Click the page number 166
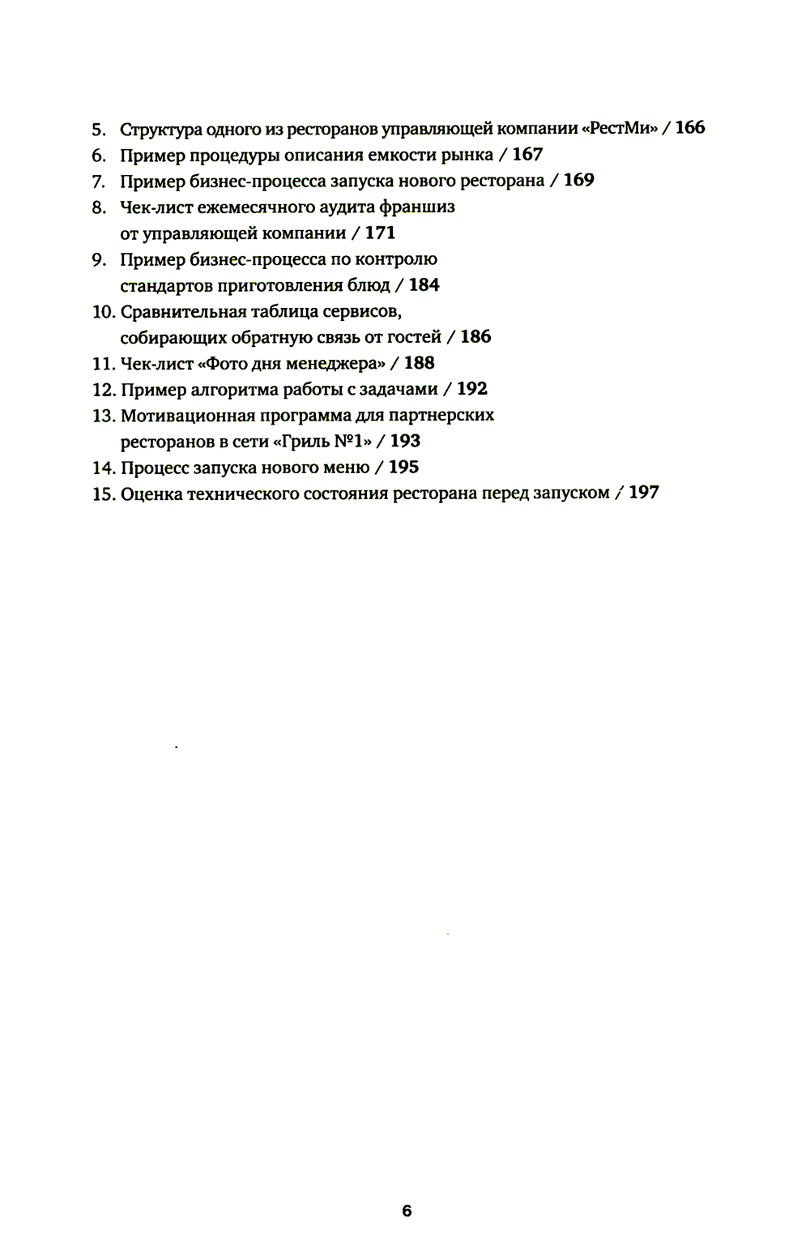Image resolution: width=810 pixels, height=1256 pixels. pyautogui.click(x=689, y=127)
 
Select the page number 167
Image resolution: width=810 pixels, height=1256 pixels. pyautogui.click(x=527, y=154)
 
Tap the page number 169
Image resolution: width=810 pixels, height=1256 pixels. pyautogui.click(x=578, y=180)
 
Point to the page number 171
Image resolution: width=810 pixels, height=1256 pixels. pyautogui.click(x=380, y=233)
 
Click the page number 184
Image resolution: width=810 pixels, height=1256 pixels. pyautogui.click(x=424, y=284)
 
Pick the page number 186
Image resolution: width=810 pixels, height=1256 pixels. pyautogui.click(x=475, y=336)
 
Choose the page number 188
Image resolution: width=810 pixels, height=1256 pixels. pyautogui.click(x=419, y=363)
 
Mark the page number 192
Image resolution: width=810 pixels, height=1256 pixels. pyautogui.click(x=472, y=389)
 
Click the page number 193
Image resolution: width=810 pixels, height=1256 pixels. pyautogui.click(x=405, y=441)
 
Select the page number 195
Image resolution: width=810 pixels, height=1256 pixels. pyautogui.click(x=403, y=467)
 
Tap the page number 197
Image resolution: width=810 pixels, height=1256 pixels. pyautogui.click(x=644, y=493)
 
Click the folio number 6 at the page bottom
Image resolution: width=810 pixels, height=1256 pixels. pyautogui.click(x=407, y=1211)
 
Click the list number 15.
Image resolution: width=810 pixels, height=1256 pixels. pyautogui.click(x=104, y=493)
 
